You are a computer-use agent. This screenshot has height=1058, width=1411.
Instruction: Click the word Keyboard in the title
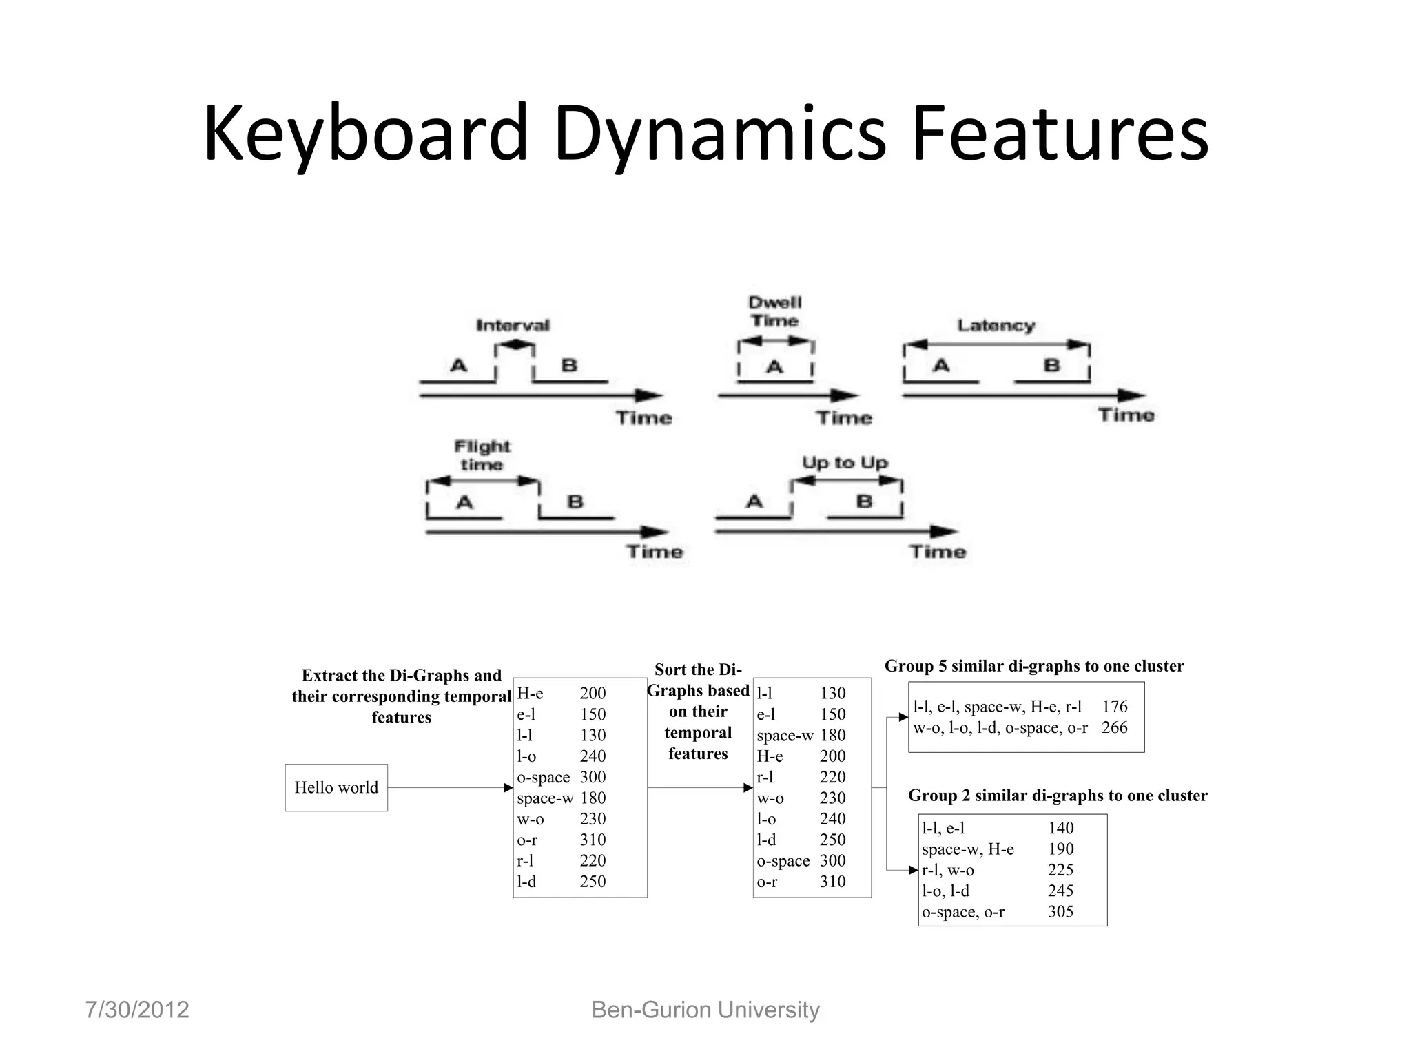coord(365,134)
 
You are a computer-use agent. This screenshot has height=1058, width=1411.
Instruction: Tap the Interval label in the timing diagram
coord(513,325)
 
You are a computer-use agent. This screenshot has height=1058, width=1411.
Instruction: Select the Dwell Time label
coord(774,312)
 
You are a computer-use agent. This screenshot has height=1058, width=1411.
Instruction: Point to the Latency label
coord(996,325)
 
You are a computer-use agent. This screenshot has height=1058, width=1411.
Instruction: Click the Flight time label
coord(482,455)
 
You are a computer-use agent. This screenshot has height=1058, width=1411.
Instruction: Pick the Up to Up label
coord(845,463)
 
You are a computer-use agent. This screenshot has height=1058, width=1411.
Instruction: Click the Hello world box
coord(336,787)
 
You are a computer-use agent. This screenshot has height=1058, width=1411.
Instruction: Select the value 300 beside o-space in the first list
coord(593,777)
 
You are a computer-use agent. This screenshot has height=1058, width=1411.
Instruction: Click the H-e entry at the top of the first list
coord(530,693)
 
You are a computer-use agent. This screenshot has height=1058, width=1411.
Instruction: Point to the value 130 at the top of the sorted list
coord(832,693)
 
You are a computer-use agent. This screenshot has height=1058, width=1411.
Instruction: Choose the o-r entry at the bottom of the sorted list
coord(767,882)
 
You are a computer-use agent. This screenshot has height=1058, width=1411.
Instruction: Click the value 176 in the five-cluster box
coord(1114,706)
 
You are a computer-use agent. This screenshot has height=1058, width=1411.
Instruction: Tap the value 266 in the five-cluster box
coord(1114,727)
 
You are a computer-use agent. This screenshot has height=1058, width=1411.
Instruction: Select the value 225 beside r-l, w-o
coord(1060,870)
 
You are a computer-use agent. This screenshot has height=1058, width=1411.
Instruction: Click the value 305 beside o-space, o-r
coord(1060,912)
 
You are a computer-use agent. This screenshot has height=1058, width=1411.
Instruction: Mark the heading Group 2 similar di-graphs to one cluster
coord(1058,796)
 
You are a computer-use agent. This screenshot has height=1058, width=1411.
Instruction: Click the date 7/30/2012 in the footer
coord(137,1010)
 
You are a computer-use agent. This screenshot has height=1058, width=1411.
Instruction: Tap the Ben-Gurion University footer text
coord(705,1010)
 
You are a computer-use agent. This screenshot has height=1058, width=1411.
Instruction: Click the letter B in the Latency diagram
coord(1051,365)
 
